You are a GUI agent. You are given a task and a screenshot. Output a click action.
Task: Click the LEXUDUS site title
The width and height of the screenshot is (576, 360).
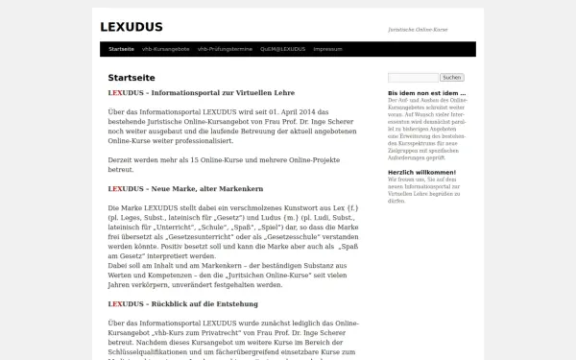point(131,27)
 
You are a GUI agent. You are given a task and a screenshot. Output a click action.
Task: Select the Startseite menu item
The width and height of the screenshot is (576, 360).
point(121,48)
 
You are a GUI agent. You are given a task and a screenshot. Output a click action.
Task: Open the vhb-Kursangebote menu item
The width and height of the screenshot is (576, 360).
point(165,48)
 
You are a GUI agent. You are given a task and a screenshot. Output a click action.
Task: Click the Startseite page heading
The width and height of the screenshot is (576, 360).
point(132,78)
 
